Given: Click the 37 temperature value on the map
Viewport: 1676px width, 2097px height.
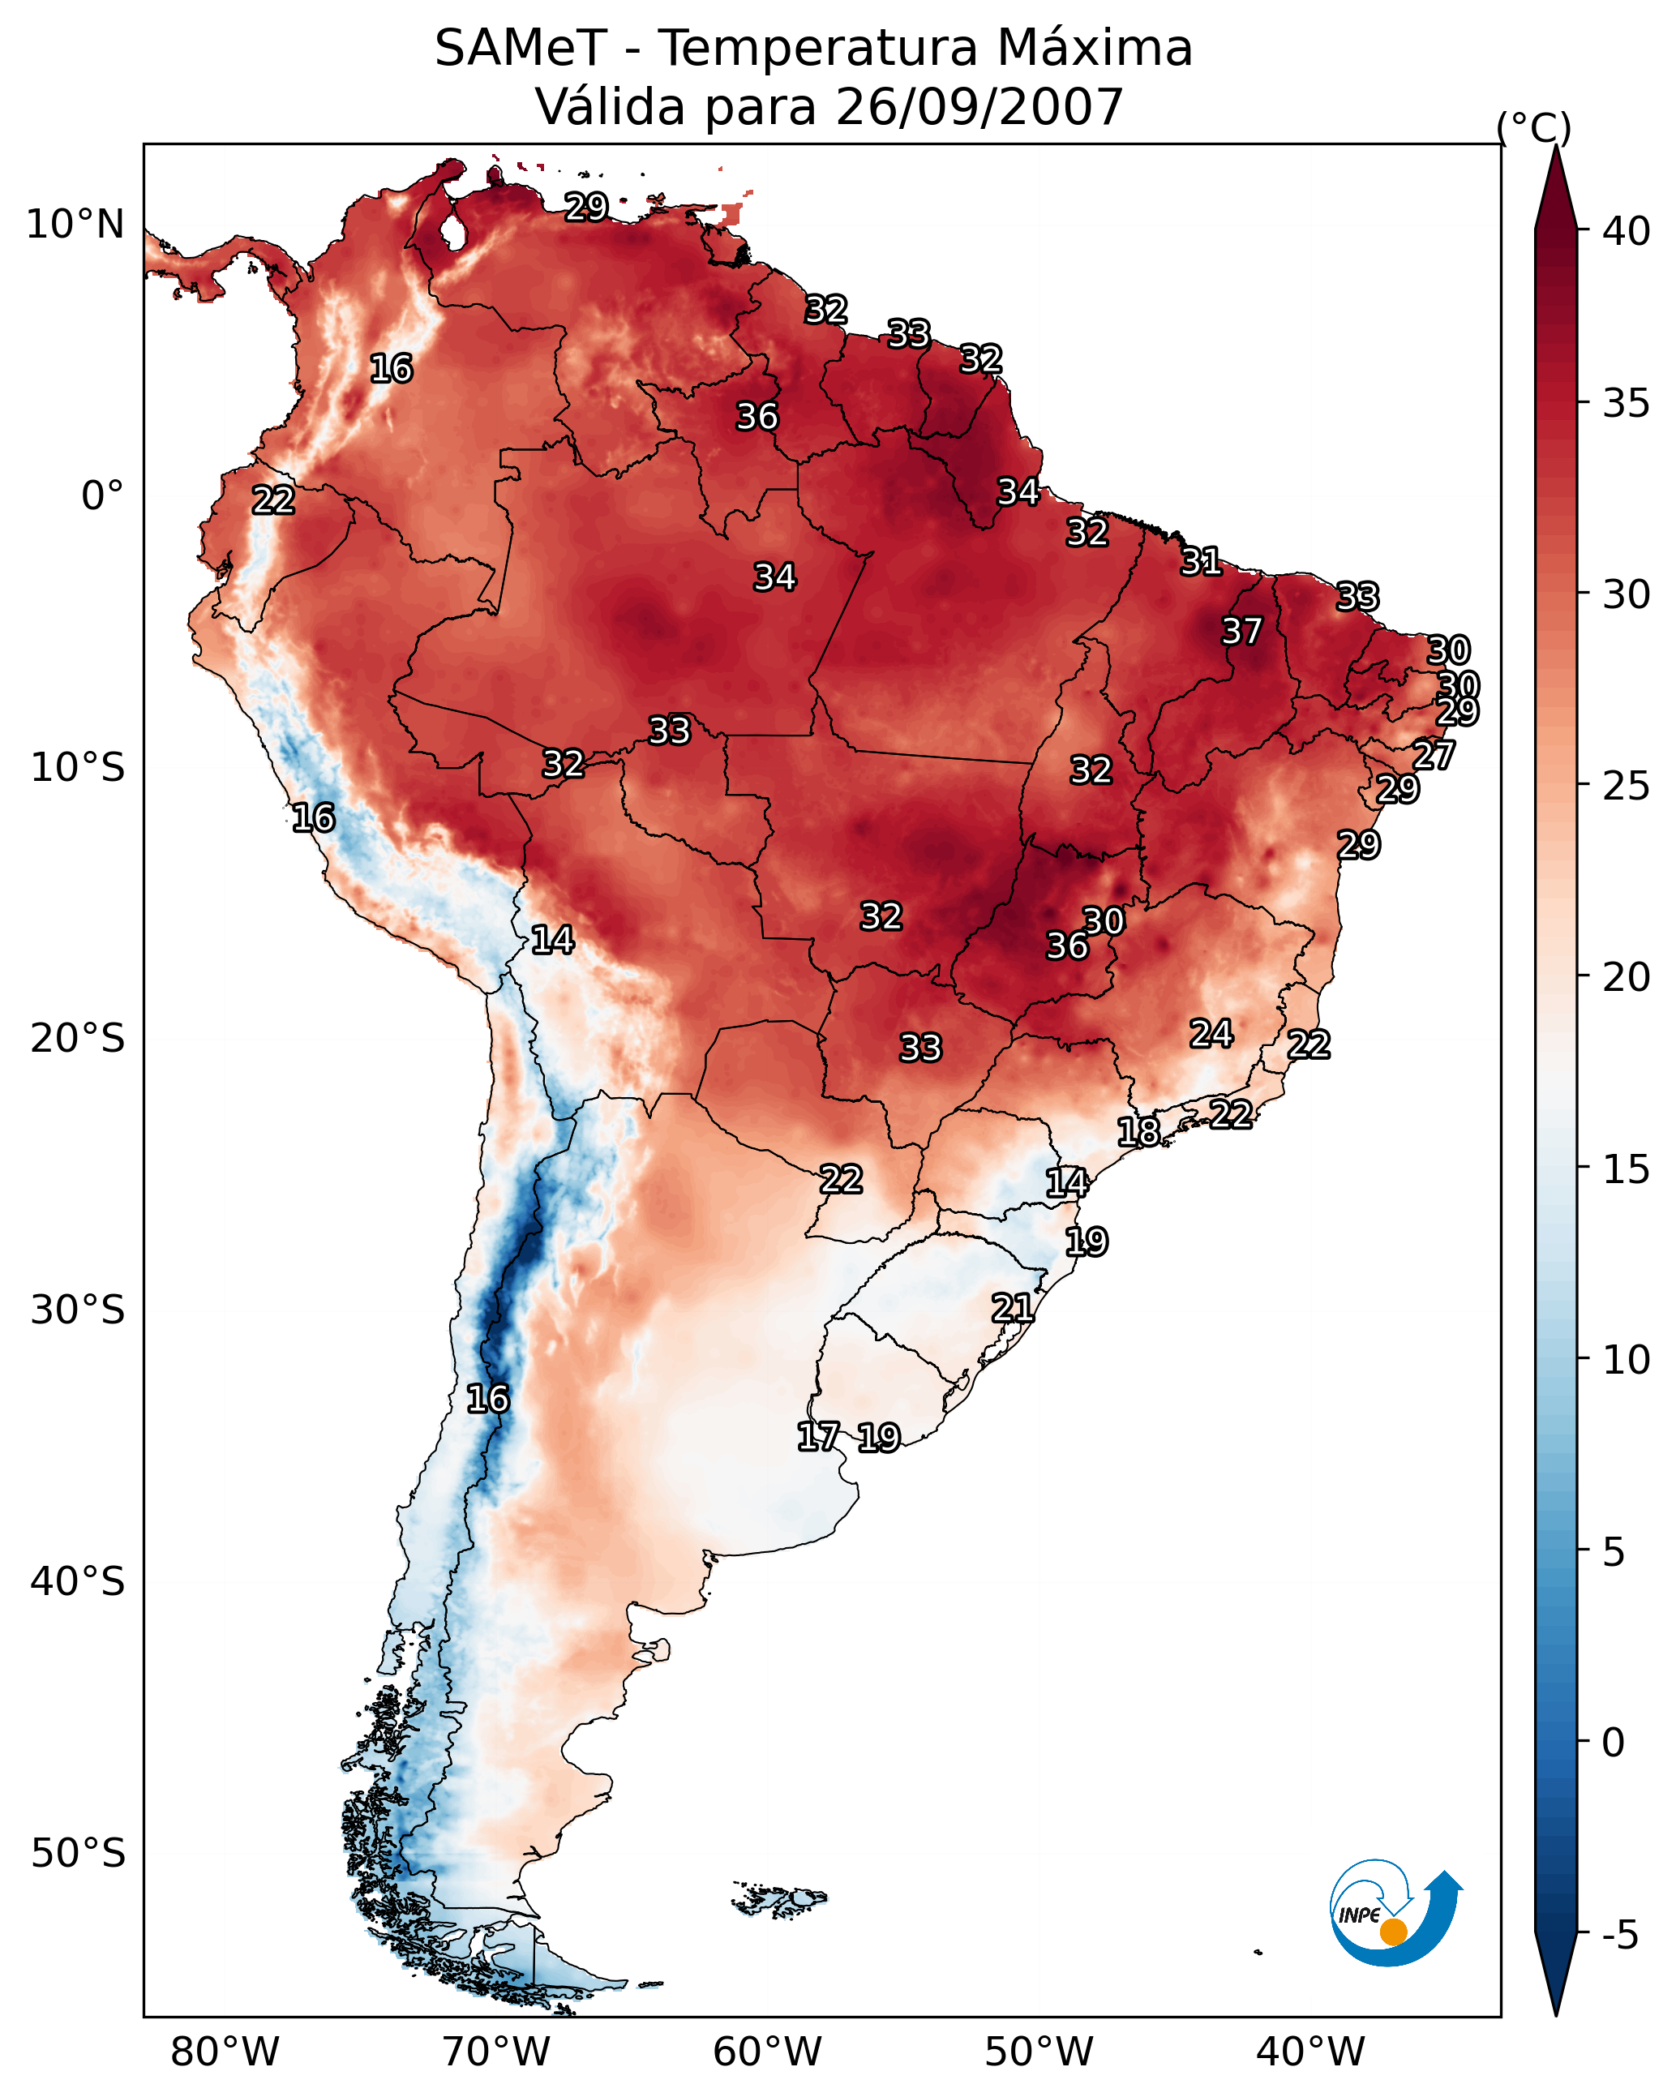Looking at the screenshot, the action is pos(1241,631).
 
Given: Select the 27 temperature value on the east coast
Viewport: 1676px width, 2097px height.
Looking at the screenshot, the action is pos(1434,755).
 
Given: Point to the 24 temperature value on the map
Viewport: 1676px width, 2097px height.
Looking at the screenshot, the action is pos(1211,1033).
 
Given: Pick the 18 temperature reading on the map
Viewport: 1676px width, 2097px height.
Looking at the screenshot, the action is pos(1138,1131).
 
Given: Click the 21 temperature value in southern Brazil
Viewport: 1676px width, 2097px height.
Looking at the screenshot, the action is pos(1012,1307).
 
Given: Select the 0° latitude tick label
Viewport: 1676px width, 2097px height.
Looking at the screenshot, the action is pos(103,496).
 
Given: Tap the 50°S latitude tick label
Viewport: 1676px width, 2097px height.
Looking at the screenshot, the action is pos(78,1854).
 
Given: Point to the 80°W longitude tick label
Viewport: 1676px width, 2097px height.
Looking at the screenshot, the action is pos(225,2052).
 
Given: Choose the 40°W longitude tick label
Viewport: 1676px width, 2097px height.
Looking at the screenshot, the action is pos(1310,2052).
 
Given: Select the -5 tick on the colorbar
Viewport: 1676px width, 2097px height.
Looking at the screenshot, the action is pos(1619,1936).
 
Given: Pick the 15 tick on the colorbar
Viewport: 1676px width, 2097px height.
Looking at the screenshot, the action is pos(1627,1169).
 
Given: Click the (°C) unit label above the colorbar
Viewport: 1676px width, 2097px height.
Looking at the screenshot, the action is pos(1534,127).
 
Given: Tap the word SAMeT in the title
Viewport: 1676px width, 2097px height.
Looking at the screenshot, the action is pos(521,49).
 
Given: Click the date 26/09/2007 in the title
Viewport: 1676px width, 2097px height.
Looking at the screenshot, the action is pos(979,106).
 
